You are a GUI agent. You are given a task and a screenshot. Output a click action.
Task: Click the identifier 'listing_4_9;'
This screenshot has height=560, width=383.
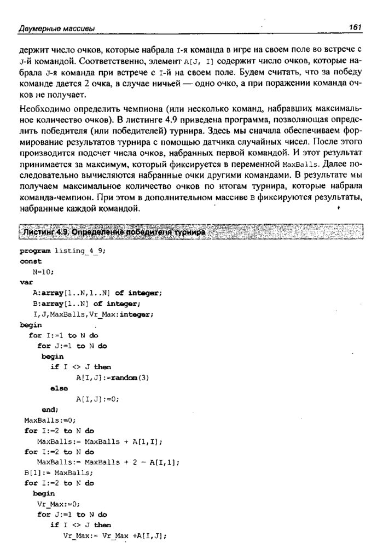pyautogui.click(x=80, y=251)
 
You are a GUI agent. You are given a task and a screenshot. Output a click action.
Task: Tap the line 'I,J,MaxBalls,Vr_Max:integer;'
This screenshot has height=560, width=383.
pyautogui.click(x=94, y=314)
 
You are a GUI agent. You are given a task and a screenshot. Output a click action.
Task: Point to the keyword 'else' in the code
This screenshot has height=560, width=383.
pyautogui.click(x=59, y=388)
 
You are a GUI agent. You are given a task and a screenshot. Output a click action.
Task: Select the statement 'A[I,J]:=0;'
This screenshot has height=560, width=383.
pyautogui.click(x=96, y=399)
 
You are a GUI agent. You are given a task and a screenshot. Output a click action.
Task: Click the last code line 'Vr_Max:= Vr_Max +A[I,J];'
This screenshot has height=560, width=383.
pyautogui.click(x=114, y=535)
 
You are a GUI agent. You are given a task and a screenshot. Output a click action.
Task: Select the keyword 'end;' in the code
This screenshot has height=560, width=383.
pyautogui.click(x=50, y=409)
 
